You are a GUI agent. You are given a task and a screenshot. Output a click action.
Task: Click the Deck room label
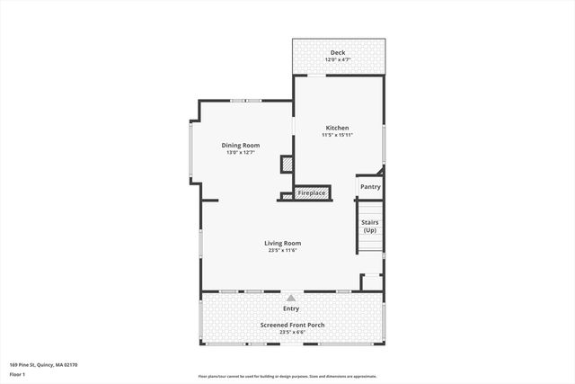[x=337, y=52]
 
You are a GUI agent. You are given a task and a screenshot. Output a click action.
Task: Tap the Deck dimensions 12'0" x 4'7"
[x=337, y=59]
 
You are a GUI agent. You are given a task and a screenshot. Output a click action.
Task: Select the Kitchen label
[x=337, y=128]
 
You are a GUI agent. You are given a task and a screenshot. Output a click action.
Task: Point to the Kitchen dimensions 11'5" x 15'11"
[x=337, y=135]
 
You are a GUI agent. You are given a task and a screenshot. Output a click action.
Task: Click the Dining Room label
[x=241, y=145]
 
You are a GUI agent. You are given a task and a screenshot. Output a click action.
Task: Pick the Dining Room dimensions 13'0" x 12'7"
[x=241, y=152]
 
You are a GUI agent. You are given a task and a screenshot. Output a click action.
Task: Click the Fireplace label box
[x=312, y=192]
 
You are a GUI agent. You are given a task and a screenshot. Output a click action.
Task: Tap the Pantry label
[x=370, y=187]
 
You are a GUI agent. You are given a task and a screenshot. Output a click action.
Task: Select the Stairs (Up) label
[x=369, y=226]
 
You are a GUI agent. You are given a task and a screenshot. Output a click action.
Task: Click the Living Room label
[x=282, y=243]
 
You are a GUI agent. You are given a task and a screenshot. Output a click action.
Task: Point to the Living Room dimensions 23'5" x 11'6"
[x=282, y=250]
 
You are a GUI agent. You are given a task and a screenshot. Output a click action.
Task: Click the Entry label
[x=291, y=308]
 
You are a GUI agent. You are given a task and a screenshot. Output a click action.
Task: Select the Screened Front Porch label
[x=291, y=325]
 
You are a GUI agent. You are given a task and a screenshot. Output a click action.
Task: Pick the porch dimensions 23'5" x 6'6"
[x=291, y=332]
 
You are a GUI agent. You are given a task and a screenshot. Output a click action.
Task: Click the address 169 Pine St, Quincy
[x=44, y=365]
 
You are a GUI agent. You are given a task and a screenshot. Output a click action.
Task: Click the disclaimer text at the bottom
[x=287, y=376]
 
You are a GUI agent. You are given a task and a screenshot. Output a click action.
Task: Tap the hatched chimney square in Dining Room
[x=287, y=165]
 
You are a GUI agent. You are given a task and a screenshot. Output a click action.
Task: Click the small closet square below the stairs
[x=371, y=282]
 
